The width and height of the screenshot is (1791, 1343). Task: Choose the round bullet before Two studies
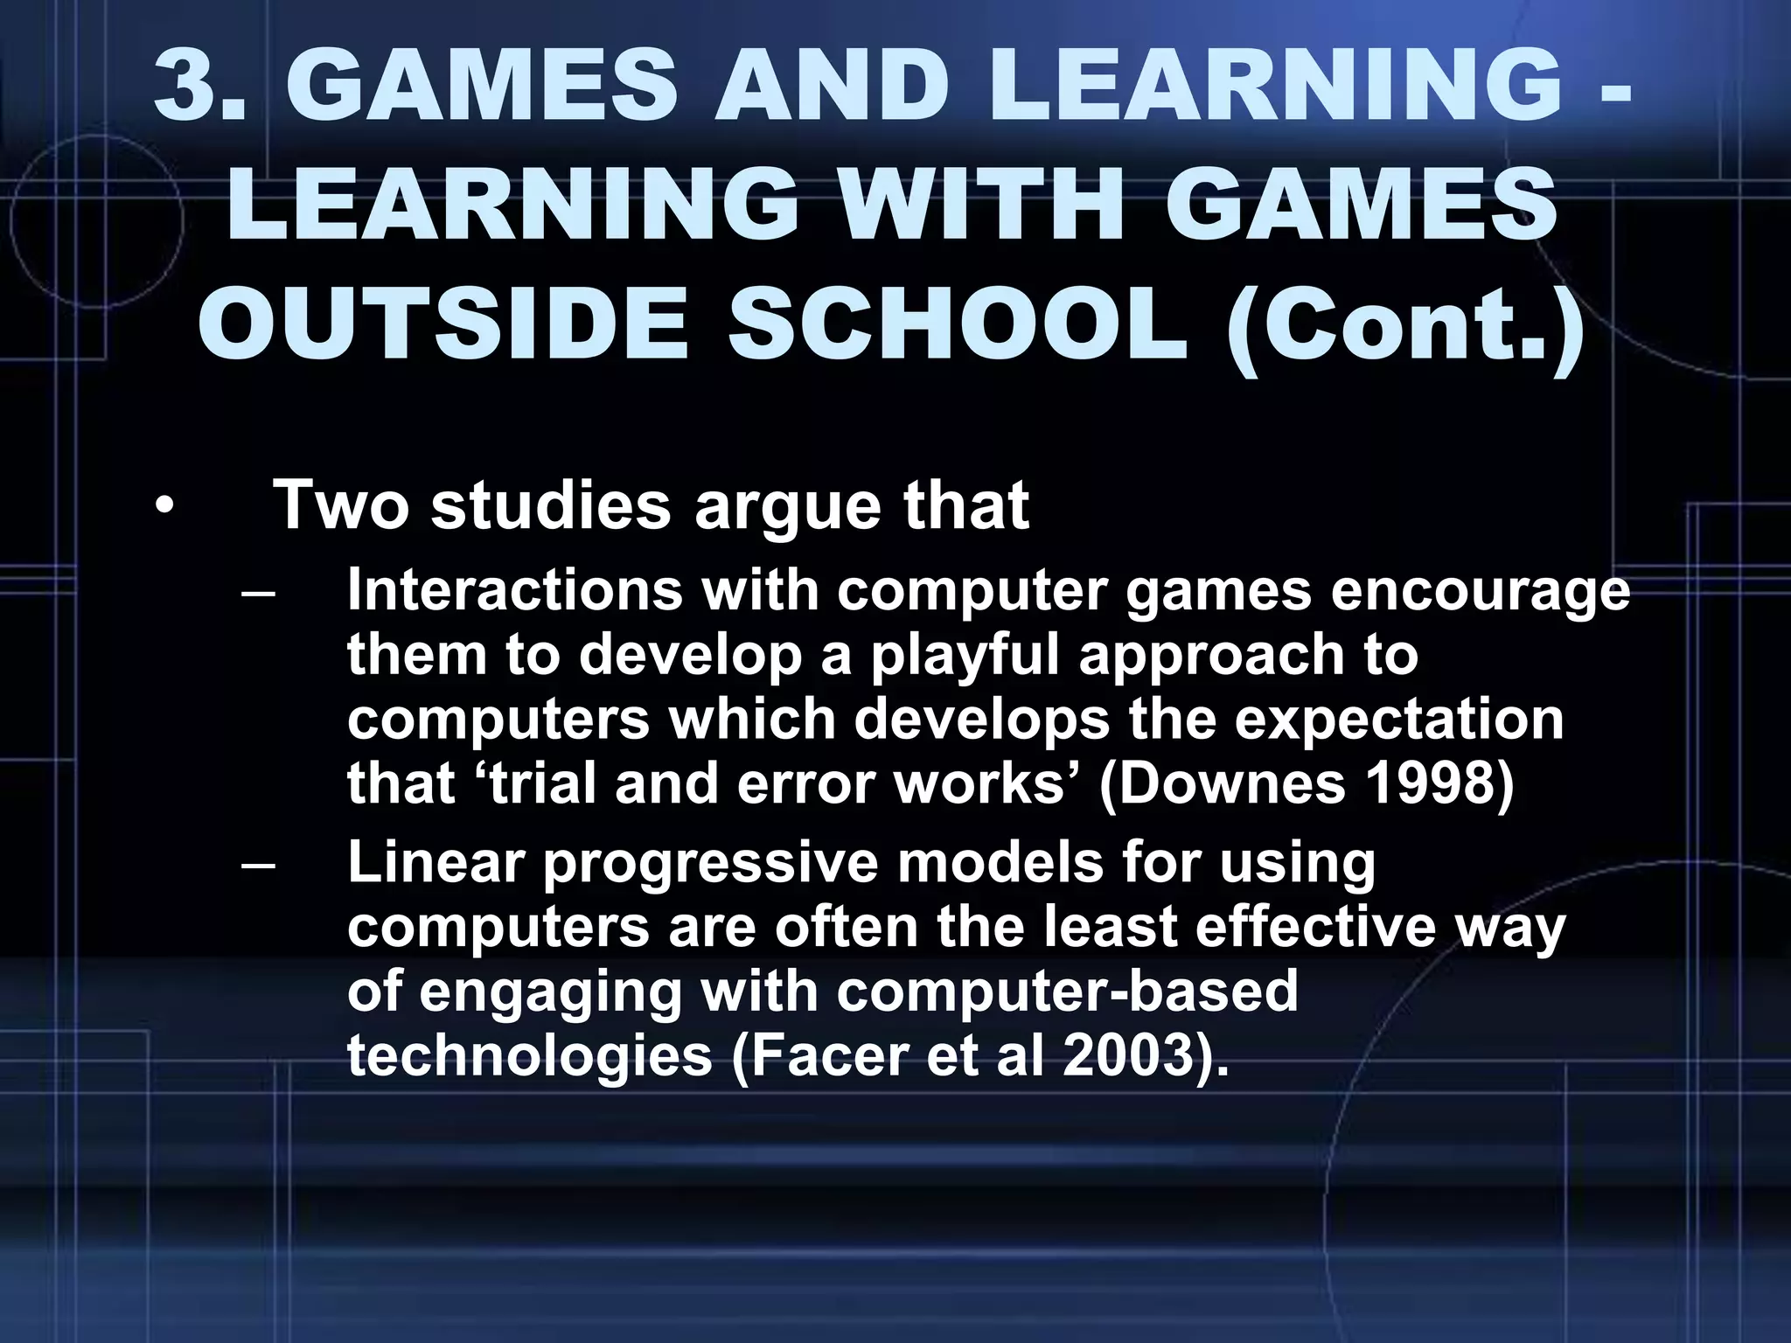[x=164, y=507]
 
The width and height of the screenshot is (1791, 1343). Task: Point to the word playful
[x=964, y=656]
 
